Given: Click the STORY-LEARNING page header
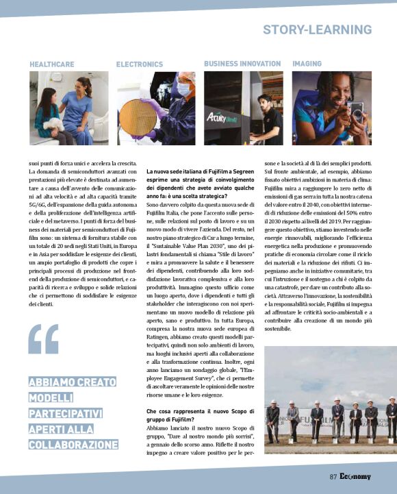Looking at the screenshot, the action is pyautogui.click(x=317, y=29).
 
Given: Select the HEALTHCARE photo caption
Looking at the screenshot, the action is pyautogui.click(x=52, y=64).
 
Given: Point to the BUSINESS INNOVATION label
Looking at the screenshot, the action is pyautogui.click(x=242, y=64).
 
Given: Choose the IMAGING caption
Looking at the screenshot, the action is pyautogui.click(x=307, y=64).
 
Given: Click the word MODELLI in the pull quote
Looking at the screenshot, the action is pyautogui.click(x=52, y=398).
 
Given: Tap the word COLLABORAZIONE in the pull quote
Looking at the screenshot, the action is pyautogui.click(x=73, y=445).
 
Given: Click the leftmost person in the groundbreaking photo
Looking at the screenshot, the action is pyautogui.click(x=273, y=418).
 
